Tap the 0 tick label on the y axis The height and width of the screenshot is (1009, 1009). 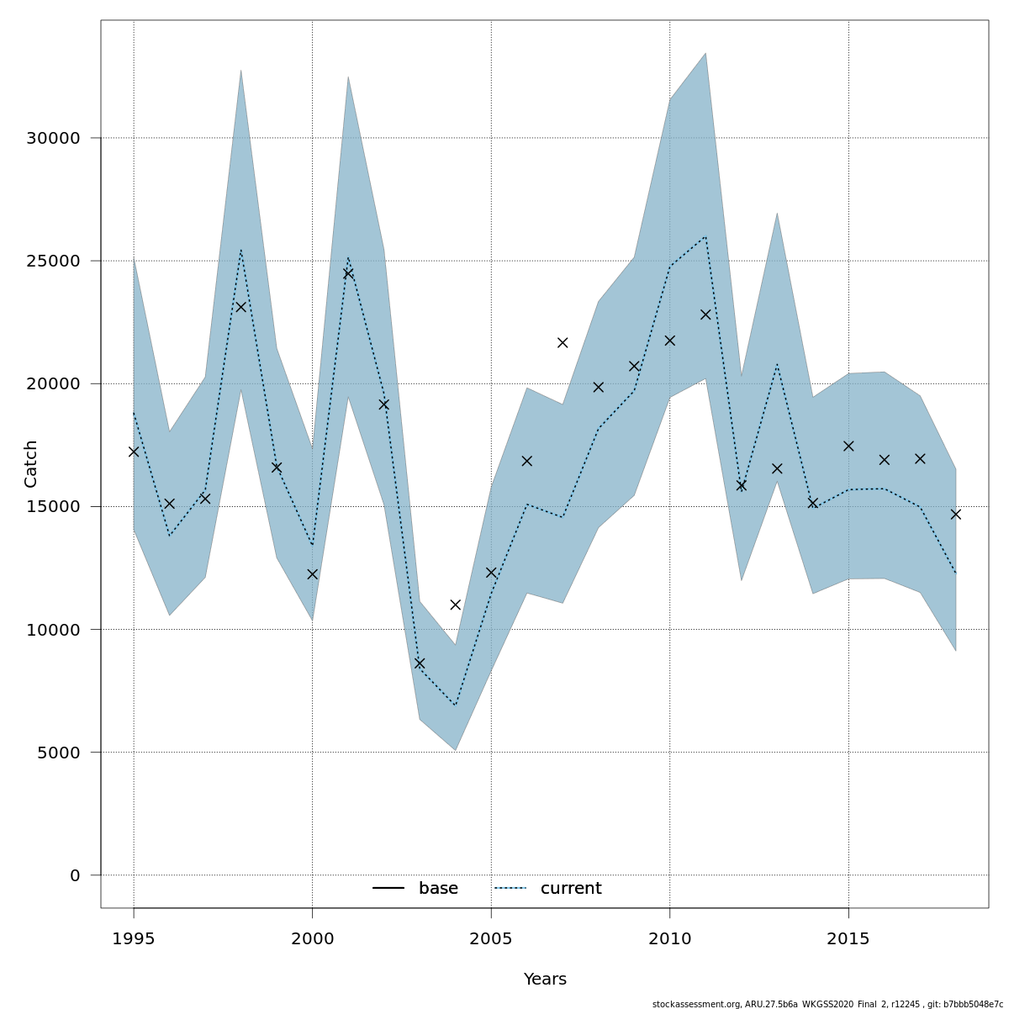[75, 875]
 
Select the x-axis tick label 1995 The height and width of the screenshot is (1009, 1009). [134, 938]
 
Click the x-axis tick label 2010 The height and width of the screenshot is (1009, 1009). [670, 938]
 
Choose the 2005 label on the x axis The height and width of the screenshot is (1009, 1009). [491, 938]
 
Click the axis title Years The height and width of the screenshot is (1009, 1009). [545, 980]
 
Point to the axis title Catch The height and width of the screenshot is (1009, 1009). [31, 463]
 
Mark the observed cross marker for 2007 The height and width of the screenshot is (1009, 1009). [563, 342]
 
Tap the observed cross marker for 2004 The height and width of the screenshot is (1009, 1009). [456, 605]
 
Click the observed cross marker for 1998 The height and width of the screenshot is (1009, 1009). [240, 307]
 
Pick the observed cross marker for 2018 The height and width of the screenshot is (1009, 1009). [955, 514]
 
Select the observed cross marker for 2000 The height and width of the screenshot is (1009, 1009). [313, 574]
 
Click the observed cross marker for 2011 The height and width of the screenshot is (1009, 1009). [705, 314]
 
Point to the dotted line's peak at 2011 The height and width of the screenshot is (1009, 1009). [705, 236]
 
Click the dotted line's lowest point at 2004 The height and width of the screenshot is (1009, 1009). [456, 705]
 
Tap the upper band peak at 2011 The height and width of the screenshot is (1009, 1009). [705, 54]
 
